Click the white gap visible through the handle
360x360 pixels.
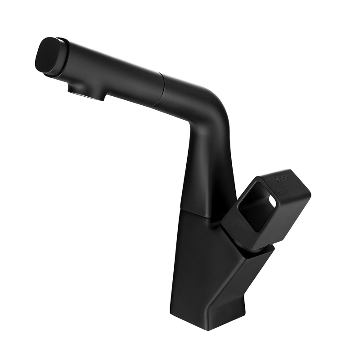click(x=270, y=199)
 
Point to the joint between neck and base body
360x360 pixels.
click(x=198, y=213)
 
